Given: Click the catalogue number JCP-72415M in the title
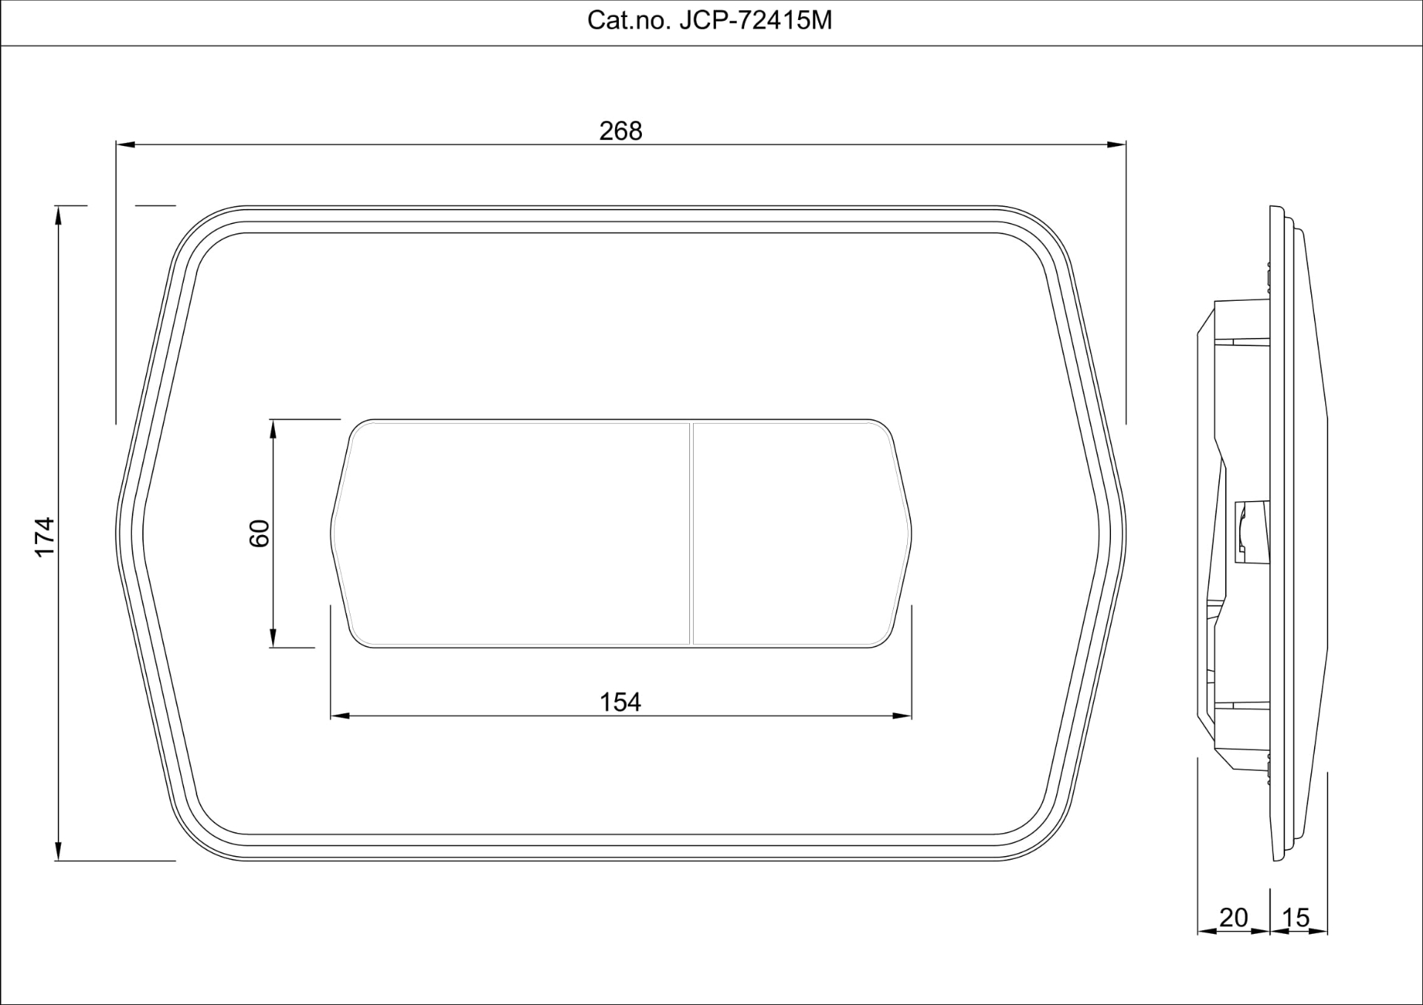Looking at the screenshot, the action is [x=756, y=21].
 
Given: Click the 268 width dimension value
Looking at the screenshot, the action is [x=621, y=131].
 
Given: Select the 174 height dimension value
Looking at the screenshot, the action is [x=45, y=537].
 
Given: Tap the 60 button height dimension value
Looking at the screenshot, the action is [x=259, y=534].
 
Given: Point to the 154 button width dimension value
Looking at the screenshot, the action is [x=620, y=702].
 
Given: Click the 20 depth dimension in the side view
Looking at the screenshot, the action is [x=1233, y=918].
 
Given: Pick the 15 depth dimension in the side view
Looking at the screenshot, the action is [x=1296, y=918].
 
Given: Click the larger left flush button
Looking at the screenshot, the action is [x=511, y=534].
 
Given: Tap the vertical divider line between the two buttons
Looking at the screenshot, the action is [x=691, y=534].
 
